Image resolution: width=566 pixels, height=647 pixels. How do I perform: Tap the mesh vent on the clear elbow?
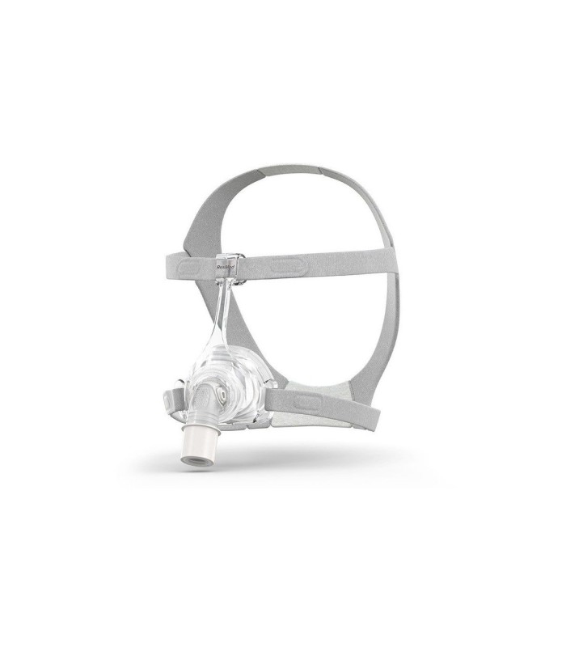[x=201, y=398]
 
